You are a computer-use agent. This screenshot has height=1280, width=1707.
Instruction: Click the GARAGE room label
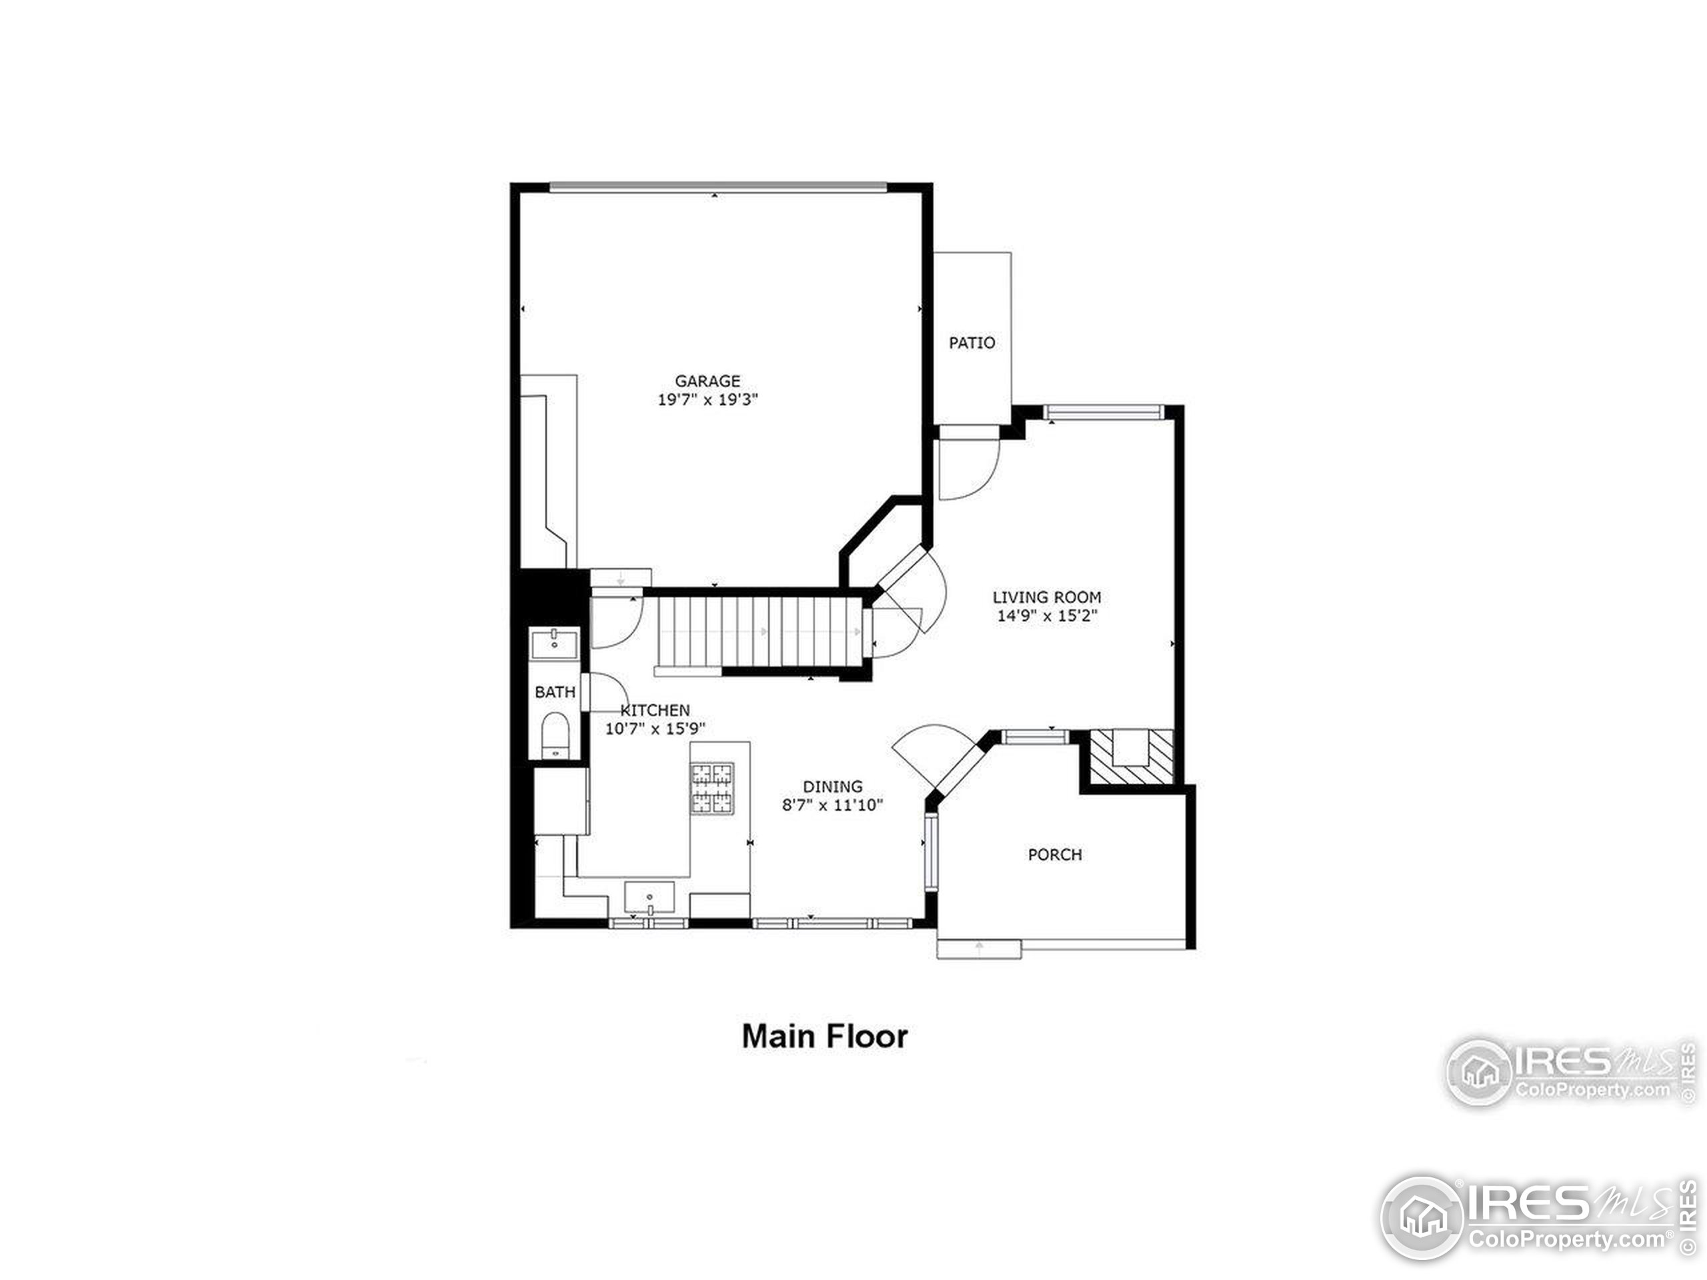[707, 381]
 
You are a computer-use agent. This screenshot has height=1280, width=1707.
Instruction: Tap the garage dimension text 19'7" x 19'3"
[707, 399]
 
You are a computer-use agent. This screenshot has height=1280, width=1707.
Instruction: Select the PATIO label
[972, 343]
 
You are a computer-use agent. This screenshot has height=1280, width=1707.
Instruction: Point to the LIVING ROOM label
[1046, 597]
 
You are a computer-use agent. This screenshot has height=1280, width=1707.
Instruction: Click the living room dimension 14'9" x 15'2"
[1046, 616]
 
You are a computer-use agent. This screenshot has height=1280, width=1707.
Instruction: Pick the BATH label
[555, 692]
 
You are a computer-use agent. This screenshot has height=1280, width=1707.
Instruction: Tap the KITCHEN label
[656, 710]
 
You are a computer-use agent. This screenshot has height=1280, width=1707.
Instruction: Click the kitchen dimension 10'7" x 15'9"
[655, 729]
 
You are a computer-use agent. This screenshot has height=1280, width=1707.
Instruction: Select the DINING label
[832, 786]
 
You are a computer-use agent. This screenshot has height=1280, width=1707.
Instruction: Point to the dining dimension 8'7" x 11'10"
[832, 805]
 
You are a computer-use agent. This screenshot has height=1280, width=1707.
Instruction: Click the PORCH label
[1054, 854]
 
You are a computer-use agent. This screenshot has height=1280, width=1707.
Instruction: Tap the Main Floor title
[824, 1036]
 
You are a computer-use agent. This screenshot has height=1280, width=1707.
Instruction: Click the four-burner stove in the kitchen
[711, 788]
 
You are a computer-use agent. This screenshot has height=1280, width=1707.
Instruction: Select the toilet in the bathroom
[554, 735]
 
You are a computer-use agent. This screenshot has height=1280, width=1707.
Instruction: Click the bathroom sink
[554, 642]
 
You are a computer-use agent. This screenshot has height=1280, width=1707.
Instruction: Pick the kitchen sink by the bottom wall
[649, 897]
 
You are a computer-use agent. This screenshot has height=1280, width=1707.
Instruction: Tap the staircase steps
[760, 632]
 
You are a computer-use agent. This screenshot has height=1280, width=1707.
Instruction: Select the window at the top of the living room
[1104, 413]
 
